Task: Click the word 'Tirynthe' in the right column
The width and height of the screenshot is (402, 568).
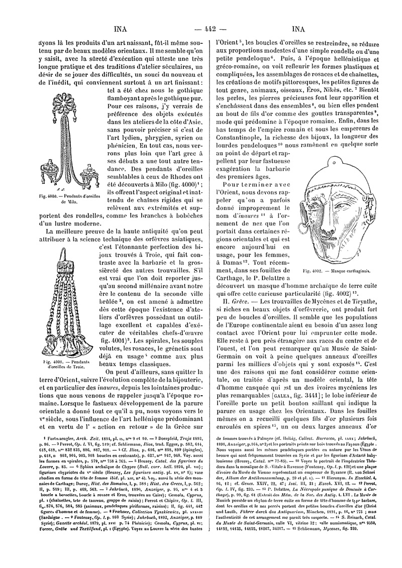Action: pos(368,301)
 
